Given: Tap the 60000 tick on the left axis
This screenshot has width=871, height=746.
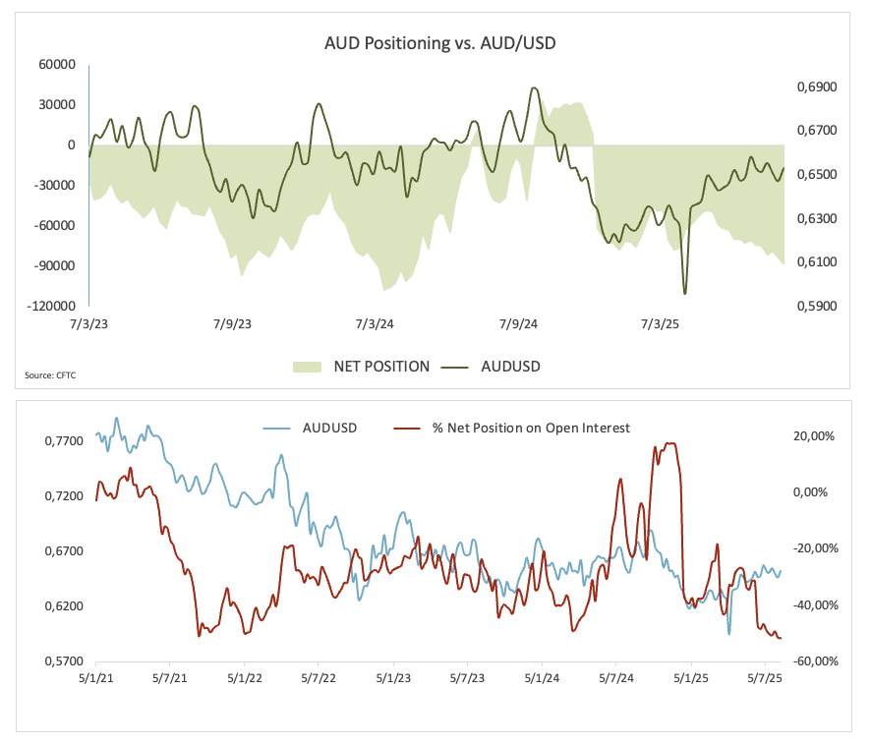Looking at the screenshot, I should pos(57,64).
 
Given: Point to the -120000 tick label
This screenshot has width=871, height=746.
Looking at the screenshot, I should pos(54,306).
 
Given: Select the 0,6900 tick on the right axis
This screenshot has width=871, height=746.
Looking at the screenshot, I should pos(815,87).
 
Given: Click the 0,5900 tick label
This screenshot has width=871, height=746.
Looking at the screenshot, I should pos(815,306).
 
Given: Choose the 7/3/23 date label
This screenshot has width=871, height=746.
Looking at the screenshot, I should pos(89,324).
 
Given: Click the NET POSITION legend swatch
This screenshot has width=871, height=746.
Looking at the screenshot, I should pos(307,367).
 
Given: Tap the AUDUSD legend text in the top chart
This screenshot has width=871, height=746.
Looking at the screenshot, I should pos(510,367).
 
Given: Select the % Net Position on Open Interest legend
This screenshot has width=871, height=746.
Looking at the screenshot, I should pos(531,428).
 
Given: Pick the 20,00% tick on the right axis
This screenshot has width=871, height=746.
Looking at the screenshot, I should pos(815,436).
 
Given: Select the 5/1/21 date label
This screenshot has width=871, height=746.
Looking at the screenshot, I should pos(94,679).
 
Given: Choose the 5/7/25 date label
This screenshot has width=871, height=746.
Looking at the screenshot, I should pos(765,679).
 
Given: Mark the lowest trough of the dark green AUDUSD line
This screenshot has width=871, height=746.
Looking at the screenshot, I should pos(684,293).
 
